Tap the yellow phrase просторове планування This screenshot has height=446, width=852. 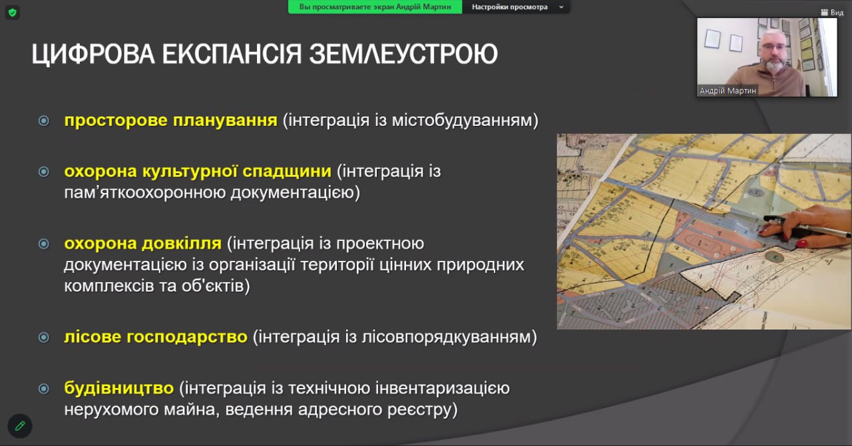[170, 120]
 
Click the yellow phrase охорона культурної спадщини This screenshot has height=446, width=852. [198, 171]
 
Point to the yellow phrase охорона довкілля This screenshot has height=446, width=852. [142, 243]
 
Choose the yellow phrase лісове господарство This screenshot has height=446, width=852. [156, 337]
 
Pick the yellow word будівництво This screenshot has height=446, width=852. [118, 387]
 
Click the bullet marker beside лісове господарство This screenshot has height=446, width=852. [44, 337]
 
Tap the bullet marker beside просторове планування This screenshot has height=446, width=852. [44, 121]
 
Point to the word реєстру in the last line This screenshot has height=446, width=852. [422, 409]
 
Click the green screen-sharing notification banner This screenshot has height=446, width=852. [375, 7]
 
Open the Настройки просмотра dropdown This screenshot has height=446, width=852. [516, 7]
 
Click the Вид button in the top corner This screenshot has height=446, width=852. [832, 12]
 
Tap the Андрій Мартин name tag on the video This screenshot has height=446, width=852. [728, 91]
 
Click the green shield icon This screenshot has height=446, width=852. [13, 12]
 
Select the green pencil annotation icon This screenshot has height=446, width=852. [20, 425]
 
